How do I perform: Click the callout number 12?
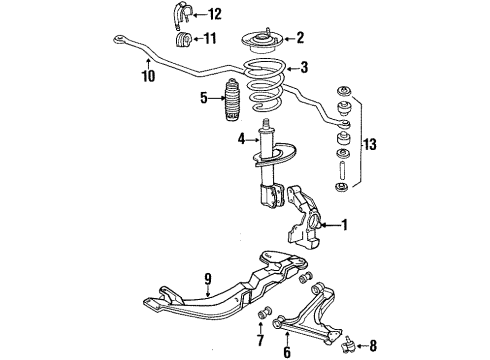pyautogui.click(x=214, y=14)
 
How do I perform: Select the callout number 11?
pyautogui.click(x=210, y=39)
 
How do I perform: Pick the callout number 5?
pyautogui.click(x=203, y=98)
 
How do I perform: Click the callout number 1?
pyautogui.click(x=344, y=225)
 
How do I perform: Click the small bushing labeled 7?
pyautogui.click(x=264, y=318)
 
